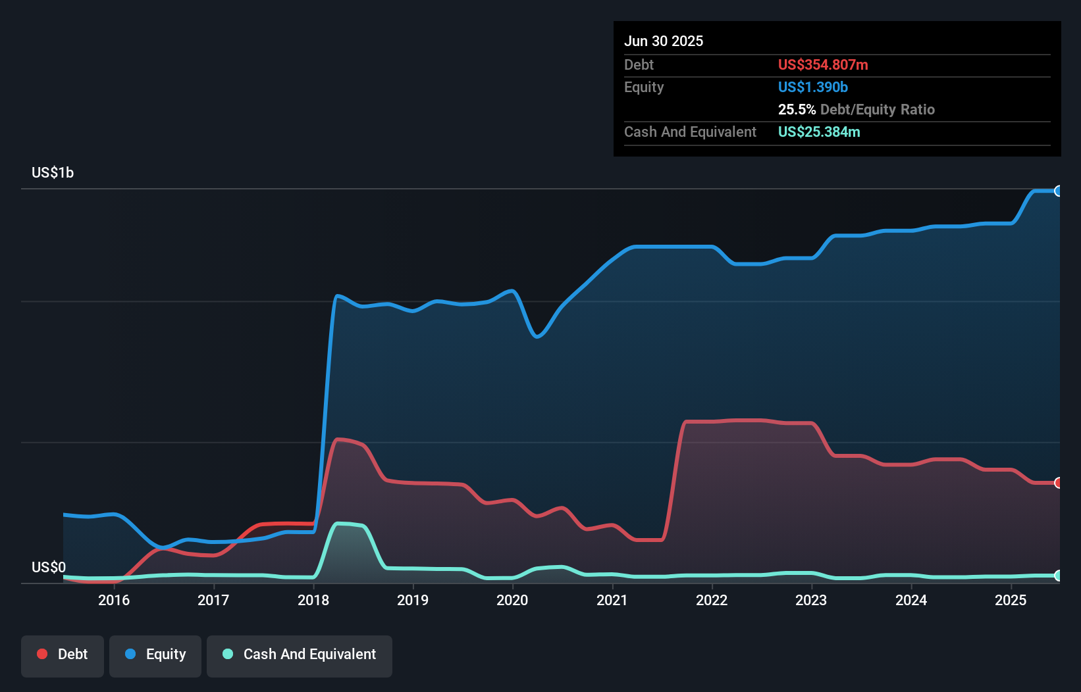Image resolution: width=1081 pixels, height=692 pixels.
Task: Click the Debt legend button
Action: point(63,655)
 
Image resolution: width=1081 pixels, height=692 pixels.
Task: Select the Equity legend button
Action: point(155,655)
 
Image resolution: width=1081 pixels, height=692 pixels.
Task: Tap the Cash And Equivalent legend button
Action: point(300,655)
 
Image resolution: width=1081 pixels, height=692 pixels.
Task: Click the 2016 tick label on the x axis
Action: point(114,600)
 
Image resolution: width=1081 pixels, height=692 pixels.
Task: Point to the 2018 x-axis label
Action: point(313,600)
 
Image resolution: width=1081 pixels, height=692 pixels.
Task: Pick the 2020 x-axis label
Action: point(512,600)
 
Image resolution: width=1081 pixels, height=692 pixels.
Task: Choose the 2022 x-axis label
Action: point(712,600)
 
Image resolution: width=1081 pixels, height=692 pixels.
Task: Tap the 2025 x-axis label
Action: point(1011,600)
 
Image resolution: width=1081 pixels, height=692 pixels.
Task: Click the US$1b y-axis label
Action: point(53,173)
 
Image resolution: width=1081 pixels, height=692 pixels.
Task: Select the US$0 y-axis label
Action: point(49,567)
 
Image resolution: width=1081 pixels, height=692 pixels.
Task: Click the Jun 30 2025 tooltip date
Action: point(664,41)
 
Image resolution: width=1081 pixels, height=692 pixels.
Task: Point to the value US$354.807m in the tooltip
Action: point(823,65)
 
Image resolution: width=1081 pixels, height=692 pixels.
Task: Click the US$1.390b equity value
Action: point(813,87)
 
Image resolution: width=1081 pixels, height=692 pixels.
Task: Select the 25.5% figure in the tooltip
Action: point(797,110)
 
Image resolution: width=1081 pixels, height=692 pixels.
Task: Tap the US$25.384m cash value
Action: point(819,132)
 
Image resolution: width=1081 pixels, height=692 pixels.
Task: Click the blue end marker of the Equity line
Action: point(1058,191)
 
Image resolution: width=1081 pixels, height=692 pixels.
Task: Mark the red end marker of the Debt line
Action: point(1058,483)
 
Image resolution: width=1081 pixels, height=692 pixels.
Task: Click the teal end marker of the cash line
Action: point(1058,576)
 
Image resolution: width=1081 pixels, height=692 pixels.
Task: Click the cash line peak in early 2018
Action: point(340,524)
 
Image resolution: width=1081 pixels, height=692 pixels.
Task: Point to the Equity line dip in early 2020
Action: point(537,337)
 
